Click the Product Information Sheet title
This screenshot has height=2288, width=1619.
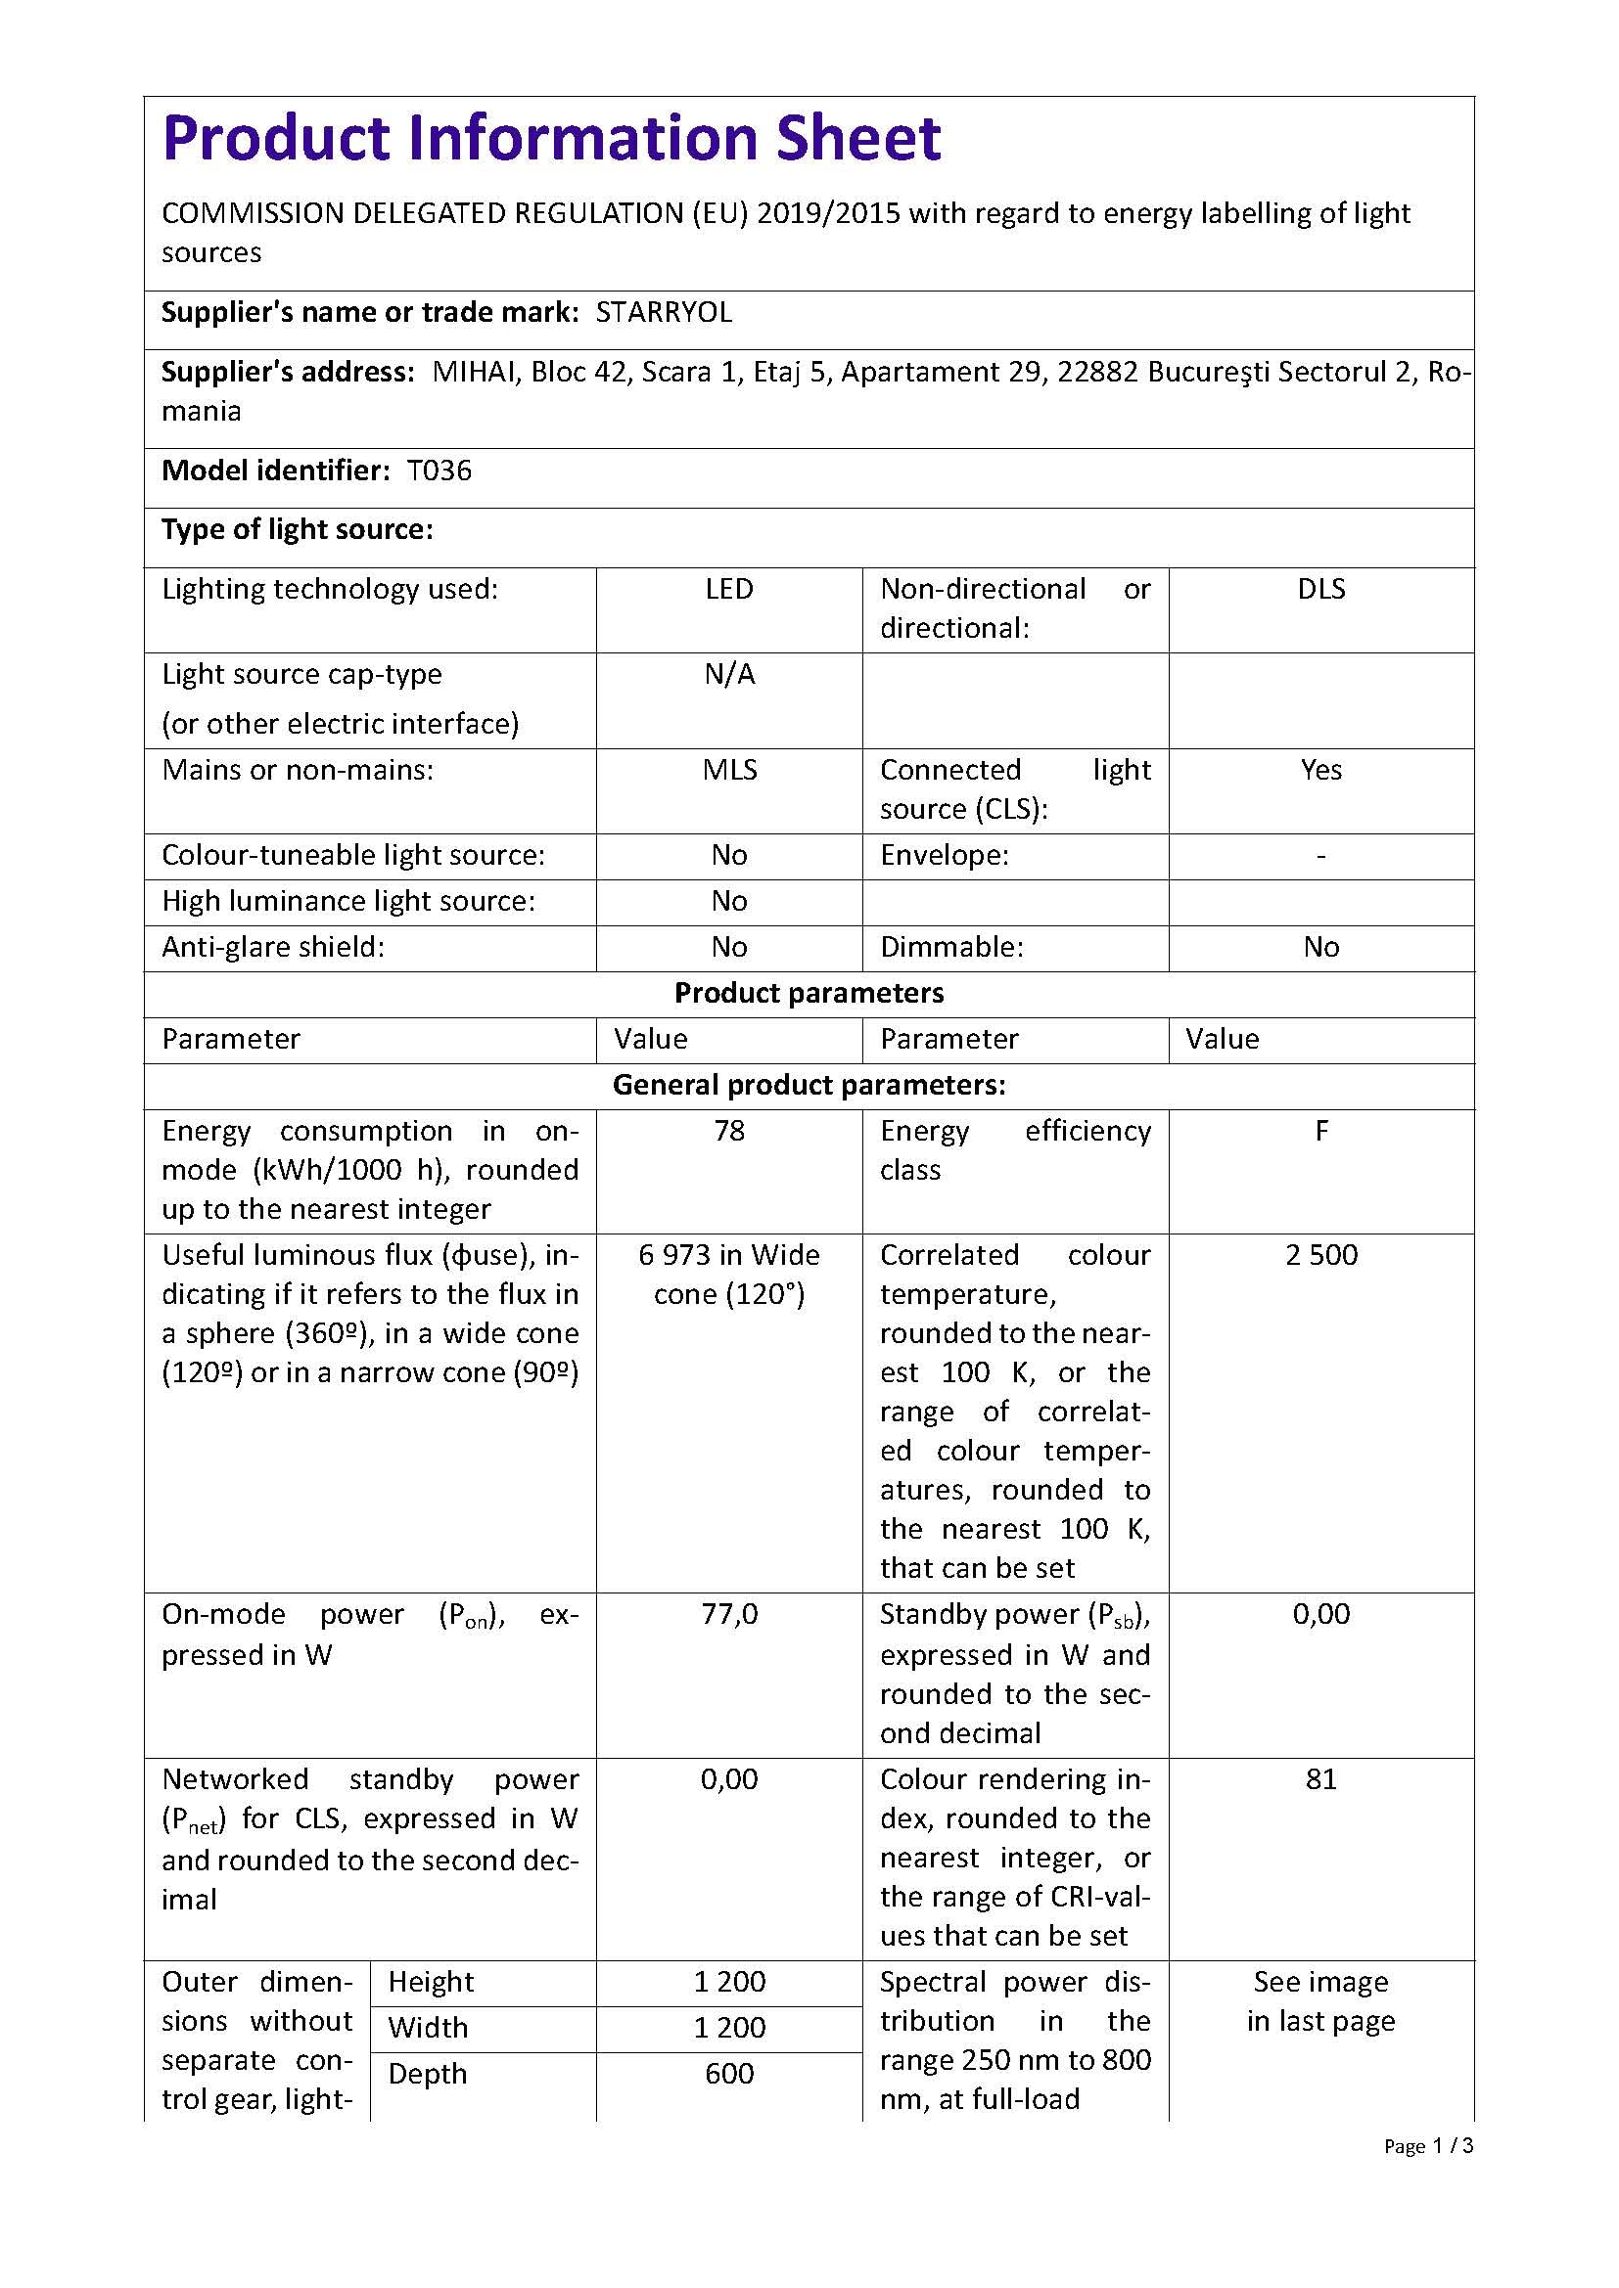click(x=551, y=138)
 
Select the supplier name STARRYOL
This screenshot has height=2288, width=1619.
click(x=664, y=313)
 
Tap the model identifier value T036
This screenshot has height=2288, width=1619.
click(x=439, y=471)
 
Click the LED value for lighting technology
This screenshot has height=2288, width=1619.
click(x=729, y=589)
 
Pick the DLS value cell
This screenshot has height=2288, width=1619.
click(x=1320, y=589)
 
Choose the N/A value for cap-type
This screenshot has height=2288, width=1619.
click(x=729, y=675)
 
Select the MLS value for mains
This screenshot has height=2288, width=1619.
click(x=729, y=770)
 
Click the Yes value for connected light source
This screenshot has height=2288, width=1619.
click(x=1320, y=770)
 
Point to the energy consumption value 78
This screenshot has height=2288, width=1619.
click(x=729, y=1131)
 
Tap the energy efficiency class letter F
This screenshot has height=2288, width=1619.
click(x=1320, y=1131)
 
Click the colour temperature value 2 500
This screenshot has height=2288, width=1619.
click(x=1320, y=1255)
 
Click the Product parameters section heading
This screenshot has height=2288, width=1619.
click(x=809, y=994)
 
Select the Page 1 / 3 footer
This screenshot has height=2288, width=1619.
click(x=1427, y=2145)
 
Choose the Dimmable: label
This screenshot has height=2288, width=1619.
click(x=951, y=947)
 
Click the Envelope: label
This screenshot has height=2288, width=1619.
click(x=944, y=855)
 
